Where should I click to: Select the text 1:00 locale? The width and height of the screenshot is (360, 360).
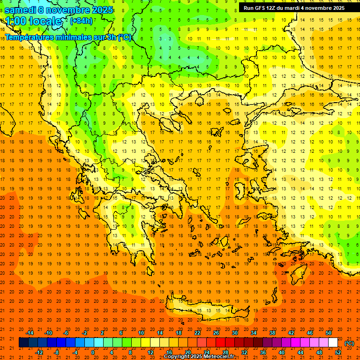(x=33, y=21)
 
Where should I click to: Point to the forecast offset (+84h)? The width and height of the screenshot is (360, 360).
(x=81, y=21)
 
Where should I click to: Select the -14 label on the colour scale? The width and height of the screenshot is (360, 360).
(x=29, y=333)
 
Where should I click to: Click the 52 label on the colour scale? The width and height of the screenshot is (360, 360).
(x=337, y=352)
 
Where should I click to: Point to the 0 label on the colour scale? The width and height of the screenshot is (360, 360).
(x=93, y=352)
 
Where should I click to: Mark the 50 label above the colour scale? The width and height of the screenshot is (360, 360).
(x=328, y=333)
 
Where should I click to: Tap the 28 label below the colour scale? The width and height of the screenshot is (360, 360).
(x=225, y=352)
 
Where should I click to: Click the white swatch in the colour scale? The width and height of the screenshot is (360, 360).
(x=333, y=343)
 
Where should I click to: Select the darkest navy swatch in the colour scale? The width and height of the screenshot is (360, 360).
(x=23, y=343)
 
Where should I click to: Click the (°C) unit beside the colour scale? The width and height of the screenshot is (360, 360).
(x=349, y=343)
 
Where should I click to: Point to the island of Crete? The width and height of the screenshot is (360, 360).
(x=202, y=311)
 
